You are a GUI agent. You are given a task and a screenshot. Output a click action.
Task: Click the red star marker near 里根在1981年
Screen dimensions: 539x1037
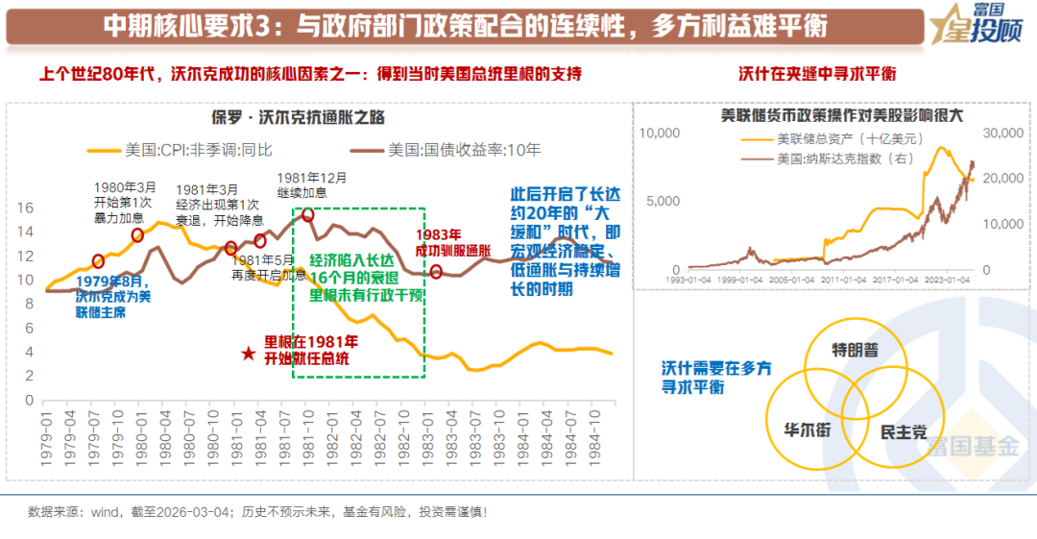point(249,354)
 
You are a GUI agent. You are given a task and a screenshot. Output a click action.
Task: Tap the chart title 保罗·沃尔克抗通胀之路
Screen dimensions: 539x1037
point(299,117)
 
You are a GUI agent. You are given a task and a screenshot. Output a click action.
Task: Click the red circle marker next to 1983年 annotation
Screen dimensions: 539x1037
point(436,272)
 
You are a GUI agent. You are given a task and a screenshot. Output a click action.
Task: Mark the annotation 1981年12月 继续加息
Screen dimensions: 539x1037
point(312,185)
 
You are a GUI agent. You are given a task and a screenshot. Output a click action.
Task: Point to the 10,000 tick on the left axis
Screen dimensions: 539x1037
point(660,133)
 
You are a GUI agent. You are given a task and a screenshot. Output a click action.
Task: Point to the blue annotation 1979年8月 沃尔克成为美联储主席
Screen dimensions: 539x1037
point(113,297)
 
